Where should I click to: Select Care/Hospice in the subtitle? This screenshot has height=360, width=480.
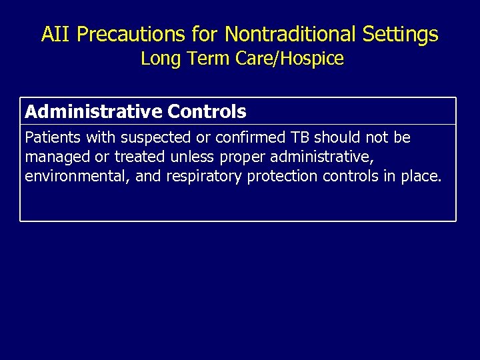pyautogui.click(x=290, y=59)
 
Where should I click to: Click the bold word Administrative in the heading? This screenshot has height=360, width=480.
pyautogui.click(x=93, y=111)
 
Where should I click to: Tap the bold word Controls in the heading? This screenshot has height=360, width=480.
pyautogui.click(x=207, y=111)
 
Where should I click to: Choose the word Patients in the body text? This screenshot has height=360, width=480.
pyautogui.click(x=50, y=138)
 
